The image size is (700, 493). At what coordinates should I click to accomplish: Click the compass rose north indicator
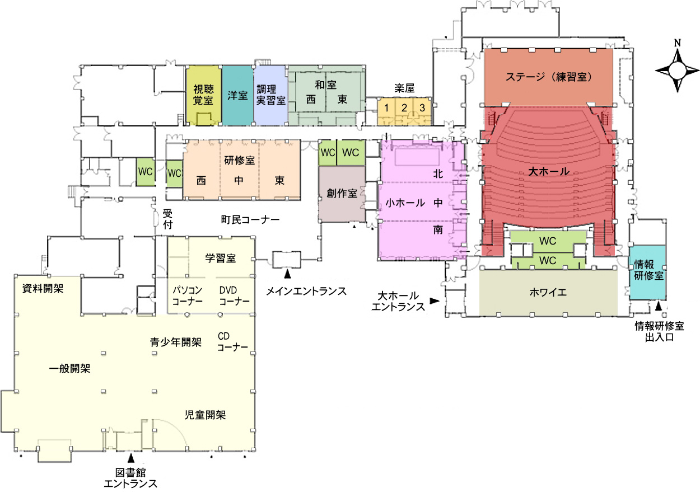[678, 43]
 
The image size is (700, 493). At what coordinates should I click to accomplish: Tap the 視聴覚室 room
[203, 95]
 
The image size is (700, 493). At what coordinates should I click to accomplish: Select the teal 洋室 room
[237, 95]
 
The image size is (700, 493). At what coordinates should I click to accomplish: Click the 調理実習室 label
[271, 95]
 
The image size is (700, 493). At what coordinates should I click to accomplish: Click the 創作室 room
[342, 194]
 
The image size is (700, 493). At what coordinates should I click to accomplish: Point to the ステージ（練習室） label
[549, 77]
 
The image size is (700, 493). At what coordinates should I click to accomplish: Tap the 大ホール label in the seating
[549, 171]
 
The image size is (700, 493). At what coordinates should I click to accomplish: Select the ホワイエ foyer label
[548, 292]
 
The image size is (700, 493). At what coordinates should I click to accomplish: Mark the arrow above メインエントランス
[287, 274]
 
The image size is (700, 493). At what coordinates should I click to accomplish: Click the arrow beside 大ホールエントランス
[435, 301]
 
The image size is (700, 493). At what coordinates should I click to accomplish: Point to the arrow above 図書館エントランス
[131, 458]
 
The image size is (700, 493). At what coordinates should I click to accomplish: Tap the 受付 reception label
[167, 219]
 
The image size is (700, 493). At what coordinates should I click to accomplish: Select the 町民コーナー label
[250, 220]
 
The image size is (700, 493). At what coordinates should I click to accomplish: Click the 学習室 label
[220, 258]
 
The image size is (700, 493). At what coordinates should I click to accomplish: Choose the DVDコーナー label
[235, 295]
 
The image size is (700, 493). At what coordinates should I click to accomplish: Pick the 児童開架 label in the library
[205, 415]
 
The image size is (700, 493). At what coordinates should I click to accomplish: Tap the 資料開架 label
[43, 289]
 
